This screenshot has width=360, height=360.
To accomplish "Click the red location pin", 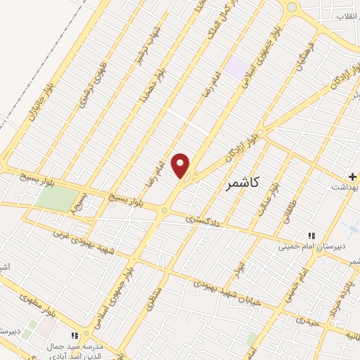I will point(181,165).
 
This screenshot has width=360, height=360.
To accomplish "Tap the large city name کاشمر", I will point(243,184).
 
